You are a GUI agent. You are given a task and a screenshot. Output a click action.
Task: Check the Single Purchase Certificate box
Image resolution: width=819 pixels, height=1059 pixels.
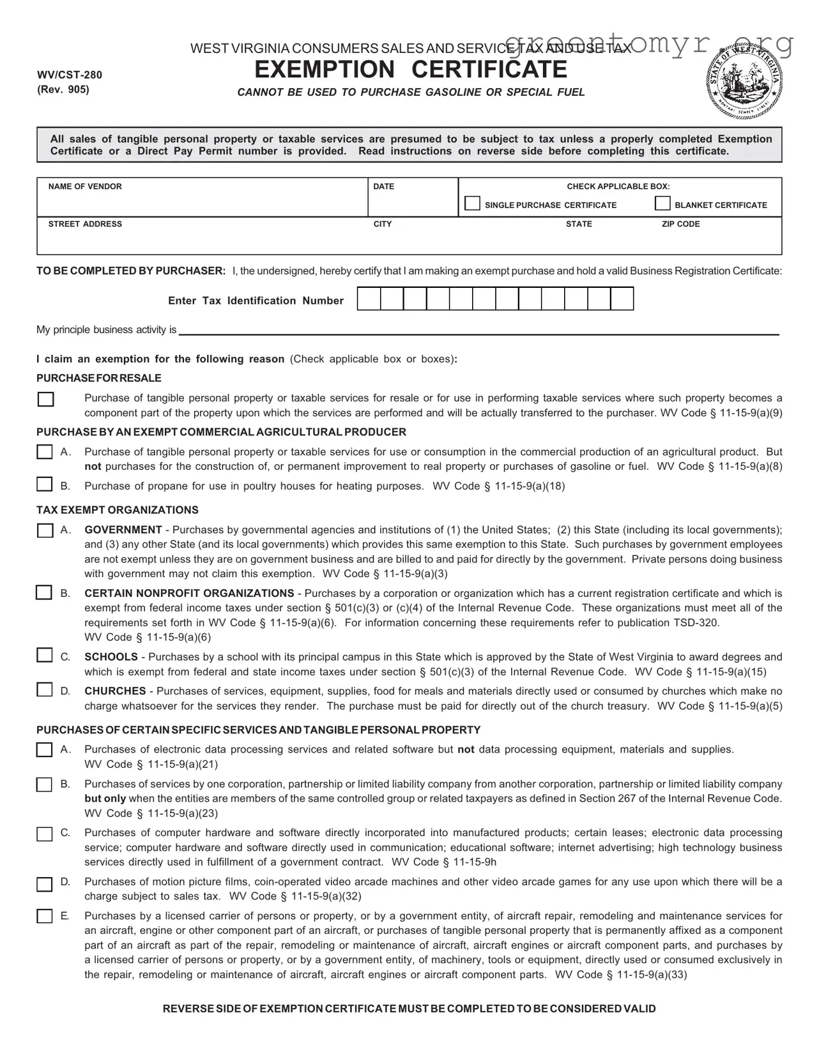pyautogui.click(x=472, y=204)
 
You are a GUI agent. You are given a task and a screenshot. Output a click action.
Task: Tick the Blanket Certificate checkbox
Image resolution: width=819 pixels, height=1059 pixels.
pyautogui.click(x=663, y=204)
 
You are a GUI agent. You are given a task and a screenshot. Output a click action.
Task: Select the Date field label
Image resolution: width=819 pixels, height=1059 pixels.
pyautogui.click(x=383, y=186)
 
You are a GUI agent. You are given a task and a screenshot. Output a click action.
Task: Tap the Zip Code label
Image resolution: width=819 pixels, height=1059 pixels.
pyautogui.click(x=680, y=224)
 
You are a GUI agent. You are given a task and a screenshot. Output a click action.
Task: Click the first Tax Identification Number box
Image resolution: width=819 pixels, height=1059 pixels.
pyautogui.click(x=369, y=299)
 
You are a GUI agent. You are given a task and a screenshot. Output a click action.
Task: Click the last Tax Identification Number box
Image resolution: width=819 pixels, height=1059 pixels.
pyautogui.click(x=622, y=299)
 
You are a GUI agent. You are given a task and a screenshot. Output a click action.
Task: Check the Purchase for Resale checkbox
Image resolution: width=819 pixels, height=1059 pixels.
pyautogui.click(x=45, y=400)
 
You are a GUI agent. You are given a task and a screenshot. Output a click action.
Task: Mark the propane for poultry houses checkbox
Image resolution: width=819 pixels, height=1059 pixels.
pyautogui.click(x=44, y=484)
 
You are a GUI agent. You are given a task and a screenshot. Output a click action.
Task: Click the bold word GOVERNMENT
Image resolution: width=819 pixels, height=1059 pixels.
pyautogui.click(x=123, y=530)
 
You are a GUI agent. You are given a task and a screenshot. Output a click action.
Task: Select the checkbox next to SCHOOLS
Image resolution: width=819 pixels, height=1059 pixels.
pyautogui.click(x=44, y=656)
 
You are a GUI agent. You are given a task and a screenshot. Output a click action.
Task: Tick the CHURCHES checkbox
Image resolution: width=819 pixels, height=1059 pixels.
pyautogui.click(x=44, y=690)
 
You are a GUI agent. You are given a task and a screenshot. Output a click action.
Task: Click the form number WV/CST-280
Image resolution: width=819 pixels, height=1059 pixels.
pyautogui.click(x=69, y=75)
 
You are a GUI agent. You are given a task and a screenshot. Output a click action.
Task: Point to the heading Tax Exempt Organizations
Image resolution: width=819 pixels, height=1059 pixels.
pyautogui.click(x=117, y=510)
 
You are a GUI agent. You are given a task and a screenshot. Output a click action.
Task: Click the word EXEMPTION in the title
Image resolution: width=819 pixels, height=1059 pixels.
pyautogui.click(x=325, y=70)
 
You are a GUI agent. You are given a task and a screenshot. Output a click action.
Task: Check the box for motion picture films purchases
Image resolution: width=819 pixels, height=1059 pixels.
pyautogui.click(x=44, y=885)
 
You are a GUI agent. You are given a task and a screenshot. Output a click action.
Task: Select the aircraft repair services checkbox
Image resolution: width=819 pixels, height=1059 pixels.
pyautogui.click(x=44, y=917)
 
